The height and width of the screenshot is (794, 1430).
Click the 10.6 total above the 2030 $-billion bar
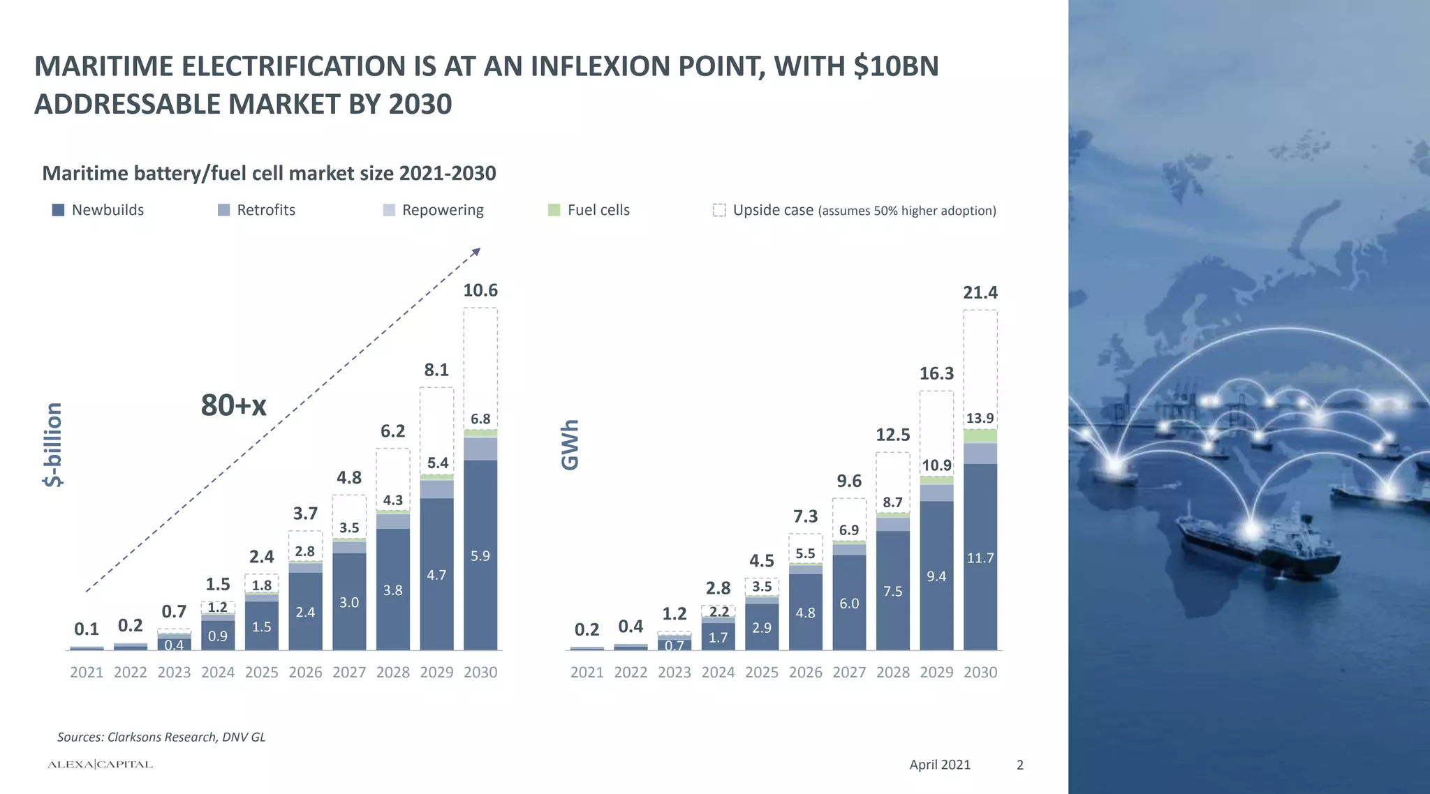(480, 290)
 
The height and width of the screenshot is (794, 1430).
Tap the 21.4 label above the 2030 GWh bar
(980, 292)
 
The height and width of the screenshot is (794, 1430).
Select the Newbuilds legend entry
(98, 210)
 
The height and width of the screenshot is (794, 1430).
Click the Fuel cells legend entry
(589, 210)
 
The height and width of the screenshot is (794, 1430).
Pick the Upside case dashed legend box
(719, 210)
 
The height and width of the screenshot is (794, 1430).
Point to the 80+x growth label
(233, 405)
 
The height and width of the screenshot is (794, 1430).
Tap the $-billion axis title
(53, 444)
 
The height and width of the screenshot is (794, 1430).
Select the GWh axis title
(570, 444)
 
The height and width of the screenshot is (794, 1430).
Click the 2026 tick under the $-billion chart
(305, 672)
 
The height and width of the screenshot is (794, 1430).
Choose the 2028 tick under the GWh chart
(892, 672)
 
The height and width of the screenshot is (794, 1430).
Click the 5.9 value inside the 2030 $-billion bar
(480, 556)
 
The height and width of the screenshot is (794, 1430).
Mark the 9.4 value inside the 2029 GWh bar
(936, 576)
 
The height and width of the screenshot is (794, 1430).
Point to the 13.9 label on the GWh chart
(980, 418)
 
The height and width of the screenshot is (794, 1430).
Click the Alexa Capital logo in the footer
(100, 765)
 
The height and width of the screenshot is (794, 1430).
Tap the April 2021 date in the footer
(939, 765)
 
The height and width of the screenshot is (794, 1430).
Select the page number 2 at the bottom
(1019, 765)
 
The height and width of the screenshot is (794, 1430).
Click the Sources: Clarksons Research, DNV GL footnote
(161, 737)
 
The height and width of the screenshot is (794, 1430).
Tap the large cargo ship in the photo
(1257, 544)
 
